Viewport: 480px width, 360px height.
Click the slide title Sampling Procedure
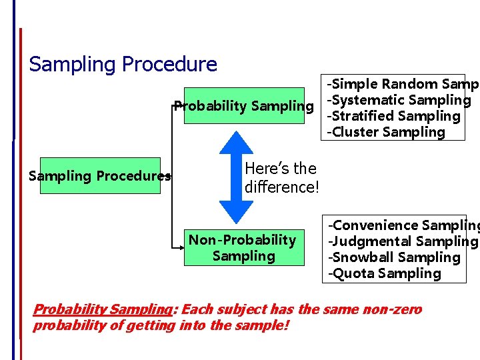[x=123, y=64]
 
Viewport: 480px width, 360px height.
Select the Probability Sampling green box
[x=243, y=106]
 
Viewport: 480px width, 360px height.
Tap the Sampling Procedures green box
[x=100, y=176]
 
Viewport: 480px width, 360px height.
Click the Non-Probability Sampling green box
[x=243, y=247]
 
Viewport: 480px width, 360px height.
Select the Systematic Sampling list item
[x=399, y=100]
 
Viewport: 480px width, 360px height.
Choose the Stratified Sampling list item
[x=393, y=116]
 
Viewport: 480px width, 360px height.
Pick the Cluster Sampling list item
[x=385, y=132]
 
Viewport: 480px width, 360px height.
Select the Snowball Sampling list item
[x=393, y=257]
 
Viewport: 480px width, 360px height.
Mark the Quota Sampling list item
[x=383, y=273]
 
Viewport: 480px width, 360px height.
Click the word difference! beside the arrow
[x=282, y=187]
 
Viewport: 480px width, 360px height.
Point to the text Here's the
[x=281, y=168]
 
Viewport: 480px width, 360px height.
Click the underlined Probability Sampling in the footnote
[x=103, y=309]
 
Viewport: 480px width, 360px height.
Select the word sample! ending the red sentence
[x=263, y=326]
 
